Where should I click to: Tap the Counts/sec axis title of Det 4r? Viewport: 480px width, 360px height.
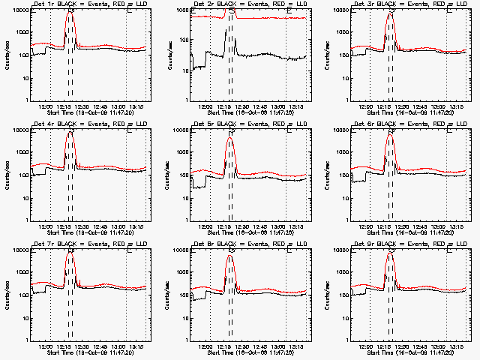7,175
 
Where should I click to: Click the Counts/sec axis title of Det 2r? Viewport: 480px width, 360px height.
166,55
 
